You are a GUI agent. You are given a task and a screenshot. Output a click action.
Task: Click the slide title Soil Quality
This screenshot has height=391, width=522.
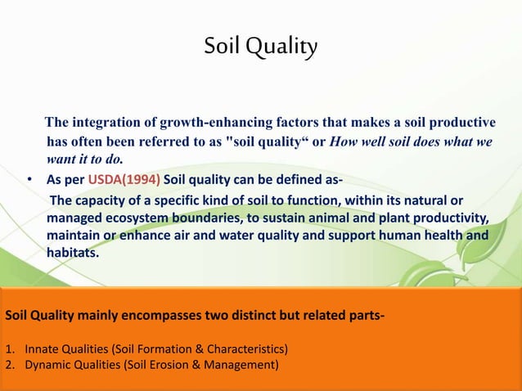pyautogui.click(x=261, y=49)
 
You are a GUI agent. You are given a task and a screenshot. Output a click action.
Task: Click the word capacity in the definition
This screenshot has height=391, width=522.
pyautogui.click(x=105, y=200)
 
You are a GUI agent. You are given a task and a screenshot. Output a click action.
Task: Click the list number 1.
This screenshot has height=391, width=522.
pyautogui.click(x=8, y=350)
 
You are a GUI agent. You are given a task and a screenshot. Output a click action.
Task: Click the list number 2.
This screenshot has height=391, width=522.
pyautogui.click(x=8, y=365)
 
